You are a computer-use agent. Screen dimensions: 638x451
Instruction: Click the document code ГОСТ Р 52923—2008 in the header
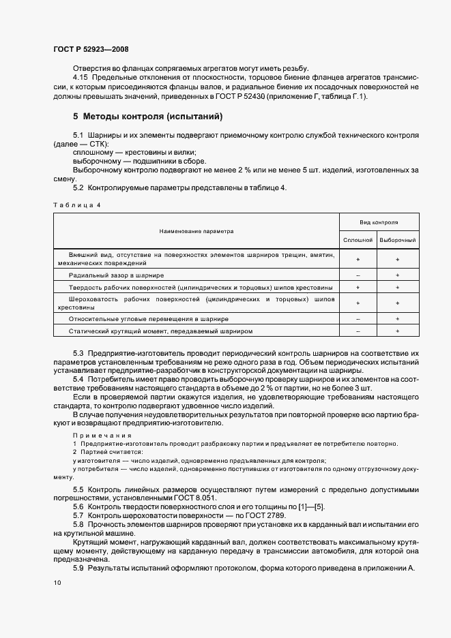[90, 49]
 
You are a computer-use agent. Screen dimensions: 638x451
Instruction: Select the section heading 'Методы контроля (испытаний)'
[148, 117]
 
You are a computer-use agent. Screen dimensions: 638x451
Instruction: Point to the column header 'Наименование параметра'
[197, 231]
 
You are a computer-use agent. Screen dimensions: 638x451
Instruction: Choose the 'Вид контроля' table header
[379, 222]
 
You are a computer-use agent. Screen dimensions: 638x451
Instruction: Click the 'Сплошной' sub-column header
[358, 240]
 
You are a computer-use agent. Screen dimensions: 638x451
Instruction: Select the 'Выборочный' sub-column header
[398, 240]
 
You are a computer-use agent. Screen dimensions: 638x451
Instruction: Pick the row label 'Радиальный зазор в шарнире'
[117, 275]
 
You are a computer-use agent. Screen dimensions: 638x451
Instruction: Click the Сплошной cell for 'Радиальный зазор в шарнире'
[358, 275]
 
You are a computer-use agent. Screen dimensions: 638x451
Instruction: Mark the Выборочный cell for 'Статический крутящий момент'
[398, 331]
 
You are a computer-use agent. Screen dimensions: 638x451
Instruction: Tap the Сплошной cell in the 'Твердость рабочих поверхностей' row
[358, 288]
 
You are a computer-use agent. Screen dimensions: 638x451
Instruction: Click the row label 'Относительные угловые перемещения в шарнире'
[149, 318]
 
